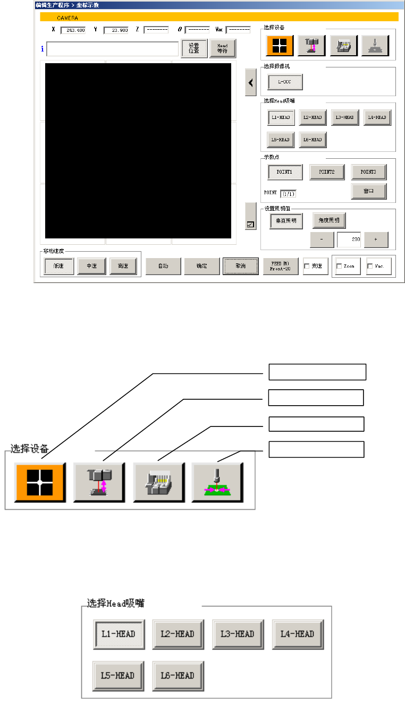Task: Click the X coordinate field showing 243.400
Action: [x=73, y=30]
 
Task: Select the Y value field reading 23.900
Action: [x=116, y=30]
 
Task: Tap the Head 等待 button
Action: [x=222, y=48]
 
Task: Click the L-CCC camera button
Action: [x=285, y=82]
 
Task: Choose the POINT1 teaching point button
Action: [x=285, y=172]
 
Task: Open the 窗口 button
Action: [x=368, y=191]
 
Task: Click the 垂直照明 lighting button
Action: [x=286, y=220]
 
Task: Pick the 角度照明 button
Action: [x=329, y=220]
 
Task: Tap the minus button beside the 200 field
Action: [x=322, y=239]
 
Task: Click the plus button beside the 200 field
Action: [x=376, y=239]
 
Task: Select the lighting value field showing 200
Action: [x=349, y=239]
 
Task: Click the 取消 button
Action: [x=240, y=266]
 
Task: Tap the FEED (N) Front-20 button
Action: [x=281, y=266]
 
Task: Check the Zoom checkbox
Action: [x=340, y=266]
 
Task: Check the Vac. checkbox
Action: [x=370, y=266]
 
